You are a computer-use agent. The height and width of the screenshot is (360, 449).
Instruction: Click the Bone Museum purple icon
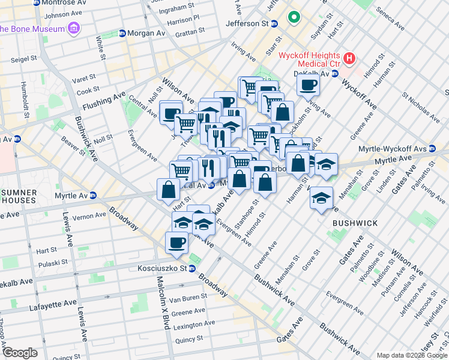pos(74,28)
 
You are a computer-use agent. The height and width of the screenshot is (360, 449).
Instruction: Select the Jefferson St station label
pos(247,23)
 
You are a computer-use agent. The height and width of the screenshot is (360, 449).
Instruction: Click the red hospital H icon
pos(349,59)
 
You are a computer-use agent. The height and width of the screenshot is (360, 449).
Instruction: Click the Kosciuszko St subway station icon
pos(192,268)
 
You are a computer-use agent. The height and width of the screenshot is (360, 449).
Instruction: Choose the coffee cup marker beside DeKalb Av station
pos(308,85)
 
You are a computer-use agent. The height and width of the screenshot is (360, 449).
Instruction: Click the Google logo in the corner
pos(19,353)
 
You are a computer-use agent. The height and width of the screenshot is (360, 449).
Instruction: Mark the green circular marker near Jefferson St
pos(294,17)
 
